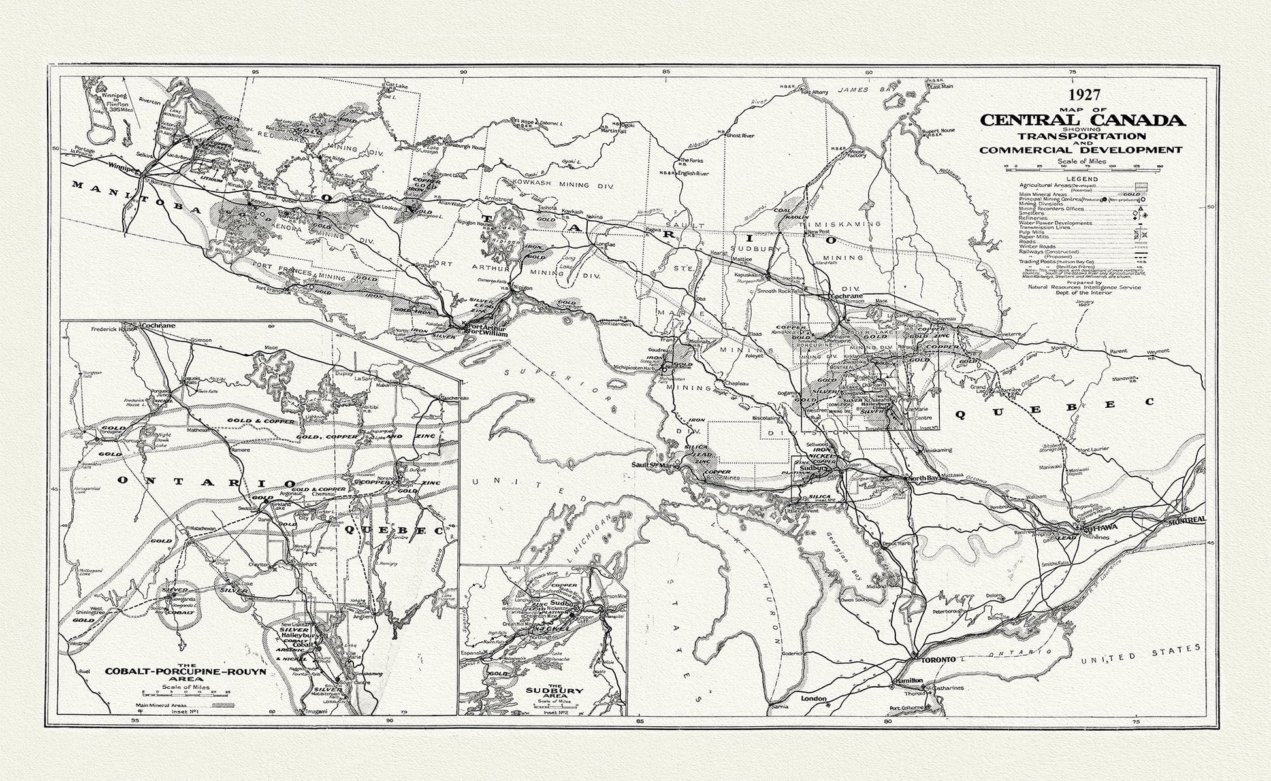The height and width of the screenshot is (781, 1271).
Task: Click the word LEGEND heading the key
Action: (x=1082, y=179)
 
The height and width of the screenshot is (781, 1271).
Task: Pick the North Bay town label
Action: (x=921, y=479)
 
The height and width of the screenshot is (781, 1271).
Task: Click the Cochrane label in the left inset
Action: (x=157, y=325)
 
